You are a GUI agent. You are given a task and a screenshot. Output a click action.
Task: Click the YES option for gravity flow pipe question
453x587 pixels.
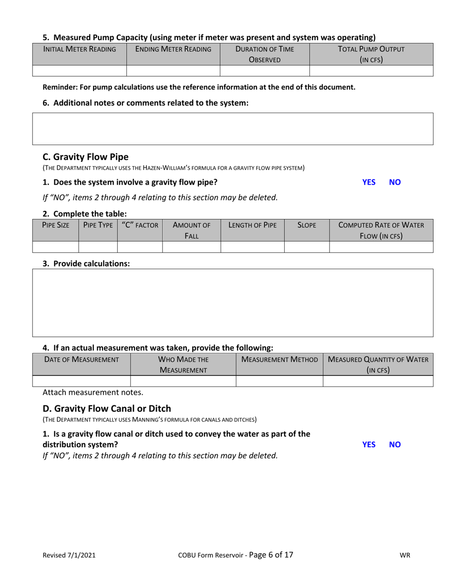point(369,182)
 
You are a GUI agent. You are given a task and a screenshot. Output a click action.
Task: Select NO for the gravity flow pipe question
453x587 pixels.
point(395,182)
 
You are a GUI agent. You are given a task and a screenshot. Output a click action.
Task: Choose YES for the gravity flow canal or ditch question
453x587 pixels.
point(369,444)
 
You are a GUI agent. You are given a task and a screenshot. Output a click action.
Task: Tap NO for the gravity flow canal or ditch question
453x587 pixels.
point(395,444)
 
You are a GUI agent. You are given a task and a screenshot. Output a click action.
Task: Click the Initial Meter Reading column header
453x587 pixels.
point(80,49)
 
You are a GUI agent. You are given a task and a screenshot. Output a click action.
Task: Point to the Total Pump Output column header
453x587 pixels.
point(371,54)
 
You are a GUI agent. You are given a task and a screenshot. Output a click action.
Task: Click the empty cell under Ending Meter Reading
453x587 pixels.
point(173,71)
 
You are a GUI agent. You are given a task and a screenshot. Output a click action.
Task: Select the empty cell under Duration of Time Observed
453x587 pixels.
point(265,71)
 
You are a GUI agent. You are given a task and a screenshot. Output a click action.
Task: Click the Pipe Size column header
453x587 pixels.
point(56,225)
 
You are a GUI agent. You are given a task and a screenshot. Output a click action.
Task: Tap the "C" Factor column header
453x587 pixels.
point(140,225)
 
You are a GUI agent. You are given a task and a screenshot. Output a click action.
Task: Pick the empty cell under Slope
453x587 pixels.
point(307,247)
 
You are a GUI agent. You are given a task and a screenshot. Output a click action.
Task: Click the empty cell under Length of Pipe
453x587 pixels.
point(252,247)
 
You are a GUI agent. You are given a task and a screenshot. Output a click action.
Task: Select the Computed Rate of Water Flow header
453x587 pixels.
point(381,230)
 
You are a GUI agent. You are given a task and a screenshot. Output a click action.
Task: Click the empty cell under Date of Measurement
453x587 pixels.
point(81,381)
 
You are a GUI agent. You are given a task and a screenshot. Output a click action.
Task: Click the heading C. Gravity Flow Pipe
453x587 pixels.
point(85,157)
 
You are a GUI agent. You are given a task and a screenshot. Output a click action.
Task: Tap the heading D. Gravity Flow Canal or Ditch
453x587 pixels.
point(107,409)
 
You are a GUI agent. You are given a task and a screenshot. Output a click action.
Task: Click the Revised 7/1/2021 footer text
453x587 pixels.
point(69,555)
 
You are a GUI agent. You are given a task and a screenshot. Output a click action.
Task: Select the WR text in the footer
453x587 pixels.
point(405,555)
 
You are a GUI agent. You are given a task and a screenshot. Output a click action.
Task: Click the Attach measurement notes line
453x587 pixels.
point(93,392)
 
